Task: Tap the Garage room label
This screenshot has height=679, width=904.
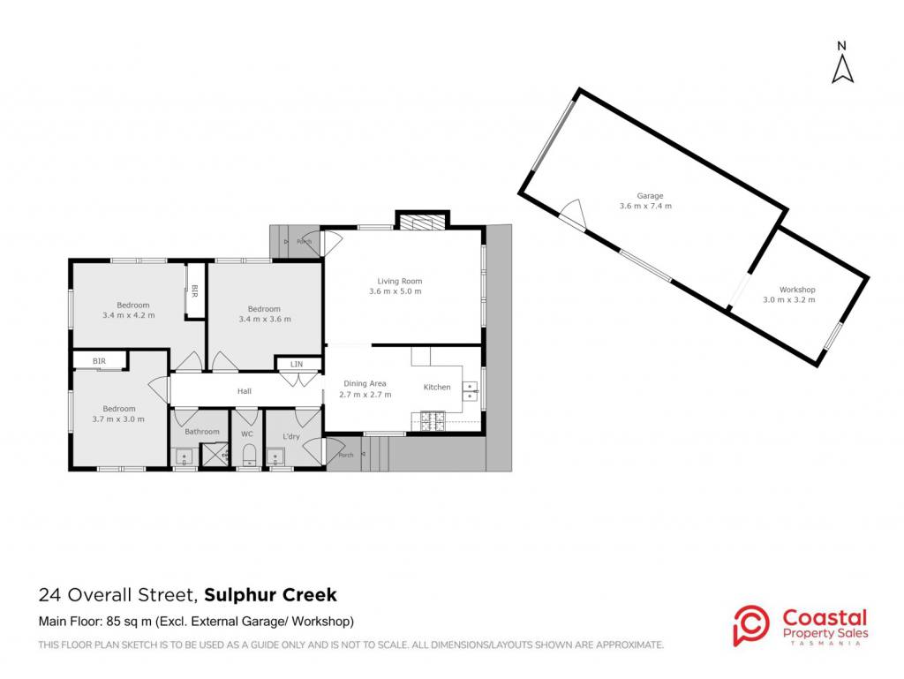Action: point(650,196)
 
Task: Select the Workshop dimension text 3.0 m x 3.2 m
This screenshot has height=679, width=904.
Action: point(788,299)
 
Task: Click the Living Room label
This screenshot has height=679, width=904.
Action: point(400,282)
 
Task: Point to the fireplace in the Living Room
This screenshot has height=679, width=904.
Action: point(424,223)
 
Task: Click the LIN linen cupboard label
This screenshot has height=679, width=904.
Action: point(297,365)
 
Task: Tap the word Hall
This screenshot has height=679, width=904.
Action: point(245,391)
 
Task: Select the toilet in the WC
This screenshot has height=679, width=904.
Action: point(248,456)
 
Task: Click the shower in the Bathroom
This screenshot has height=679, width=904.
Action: point(214,456)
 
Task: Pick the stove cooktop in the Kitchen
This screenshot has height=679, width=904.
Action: point(433,421)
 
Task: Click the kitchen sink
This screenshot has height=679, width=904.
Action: point(470,391)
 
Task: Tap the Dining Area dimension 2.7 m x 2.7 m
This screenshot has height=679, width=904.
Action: point(365,395)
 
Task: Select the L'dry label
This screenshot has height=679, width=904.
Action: point(291,436)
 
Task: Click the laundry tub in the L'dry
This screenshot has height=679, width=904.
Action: point(275,457)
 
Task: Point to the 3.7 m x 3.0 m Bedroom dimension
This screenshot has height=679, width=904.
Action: point(118,419)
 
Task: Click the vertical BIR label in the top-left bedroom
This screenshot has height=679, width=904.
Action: point(194,291)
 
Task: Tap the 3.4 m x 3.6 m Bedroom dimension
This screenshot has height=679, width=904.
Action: point(265,319)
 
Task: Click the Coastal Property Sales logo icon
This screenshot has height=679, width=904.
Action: point(751,625)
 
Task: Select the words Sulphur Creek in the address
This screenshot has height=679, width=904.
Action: point(270,595)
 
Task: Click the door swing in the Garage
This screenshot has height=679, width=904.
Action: point(574,213)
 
